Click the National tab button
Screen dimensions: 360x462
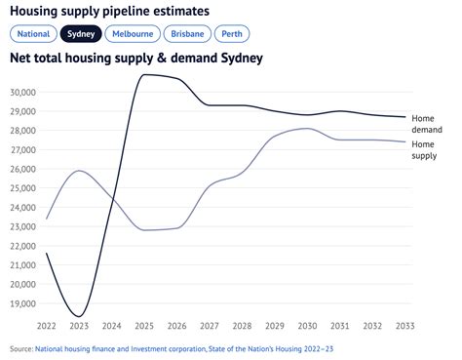32,33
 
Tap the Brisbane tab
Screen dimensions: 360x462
187,33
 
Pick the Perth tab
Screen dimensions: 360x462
232,33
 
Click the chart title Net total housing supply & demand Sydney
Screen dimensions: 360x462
136,59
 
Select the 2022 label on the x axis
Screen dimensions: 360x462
46,326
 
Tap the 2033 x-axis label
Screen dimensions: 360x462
404,326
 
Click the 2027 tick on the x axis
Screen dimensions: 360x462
209,326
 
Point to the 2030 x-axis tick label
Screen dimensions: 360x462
307,326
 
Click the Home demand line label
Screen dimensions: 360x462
430,123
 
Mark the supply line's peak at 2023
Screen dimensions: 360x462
79,171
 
